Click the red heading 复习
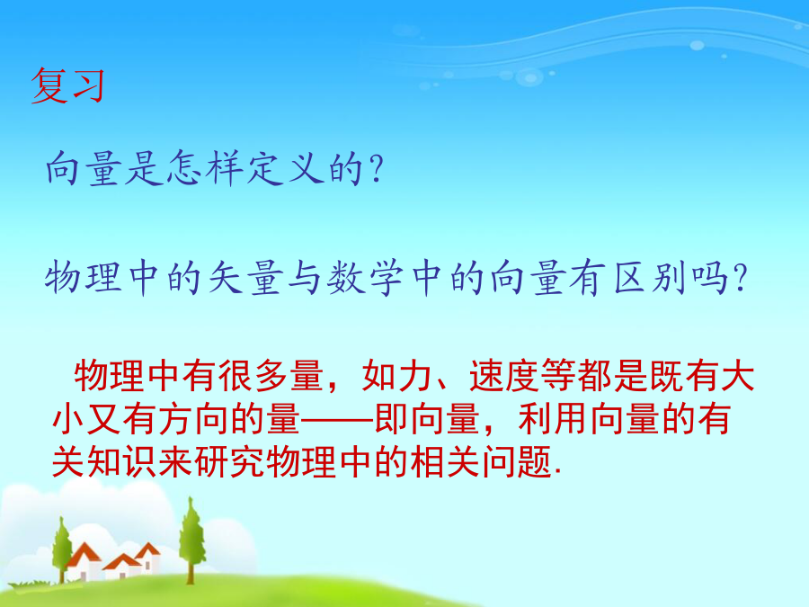(67, 85)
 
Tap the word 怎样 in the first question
(205, 168)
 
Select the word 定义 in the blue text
(285, 168)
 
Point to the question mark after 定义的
(376, 168)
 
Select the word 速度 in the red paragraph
(504, 375)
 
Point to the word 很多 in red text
(253, 375)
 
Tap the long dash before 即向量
(336, 419)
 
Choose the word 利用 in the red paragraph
(553, 418)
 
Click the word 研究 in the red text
(229, 461)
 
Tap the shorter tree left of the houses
(62, 549)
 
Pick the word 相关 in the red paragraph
(445, 461)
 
